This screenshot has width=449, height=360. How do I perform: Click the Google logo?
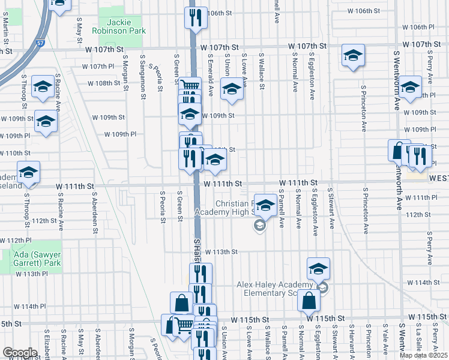[20, 353]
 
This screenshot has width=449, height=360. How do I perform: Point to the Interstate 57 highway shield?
[40, 44]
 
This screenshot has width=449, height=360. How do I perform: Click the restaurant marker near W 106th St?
[195, 17]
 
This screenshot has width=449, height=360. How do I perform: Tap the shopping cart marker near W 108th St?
[190, 86]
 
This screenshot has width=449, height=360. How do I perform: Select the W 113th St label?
[221, 252]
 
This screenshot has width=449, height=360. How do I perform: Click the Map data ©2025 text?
[424, 355]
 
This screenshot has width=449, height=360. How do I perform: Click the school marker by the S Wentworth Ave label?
[411, 88]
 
